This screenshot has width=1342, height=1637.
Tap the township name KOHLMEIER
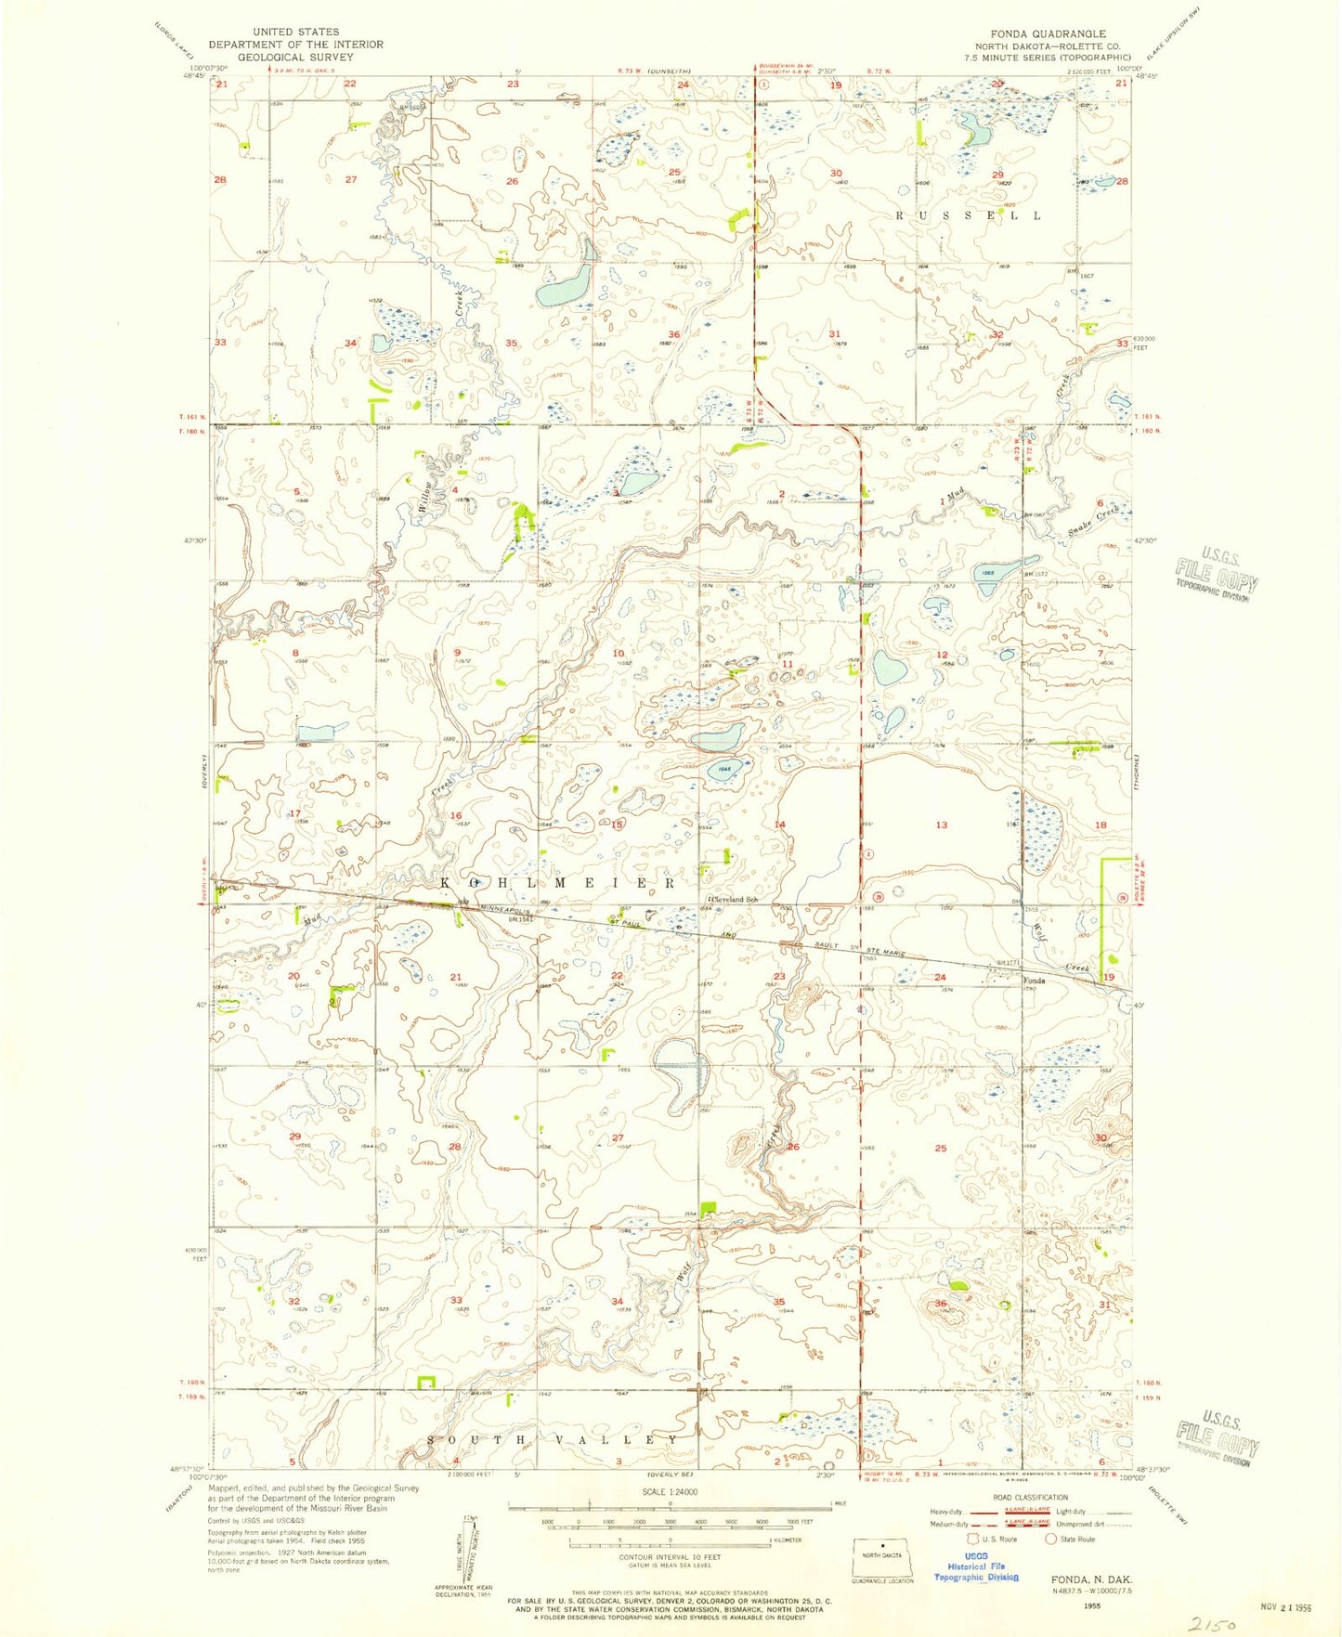pyautogui.click(x=558, y=883)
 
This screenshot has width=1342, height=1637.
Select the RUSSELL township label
pyautogui.click(x=967, y=215)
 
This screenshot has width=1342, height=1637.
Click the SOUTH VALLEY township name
pyautogui.click(x=554, y=1439)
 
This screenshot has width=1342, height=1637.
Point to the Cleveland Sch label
pyautogui.click(x=735, y=900)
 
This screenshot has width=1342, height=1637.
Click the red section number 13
pyautogui.click(x=942, y=825)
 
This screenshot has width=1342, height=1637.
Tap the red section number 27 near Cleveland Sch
pyautogui.click(x=618, y=1137)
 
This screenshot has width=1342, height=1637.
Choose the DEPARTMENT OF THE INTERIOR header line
pyautogui.click(x=295, y=44)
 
